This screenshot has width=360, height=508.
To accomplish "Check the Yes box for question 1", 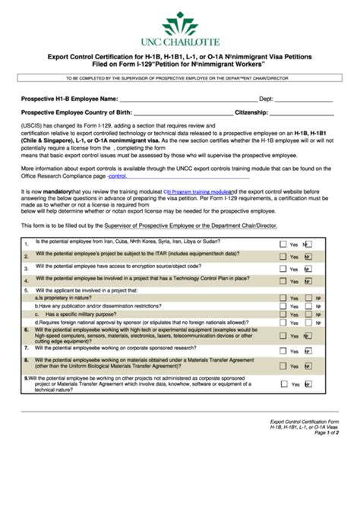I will (283, 245).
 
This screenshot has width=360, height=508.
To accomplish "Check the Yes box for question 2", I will (283, 257).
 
